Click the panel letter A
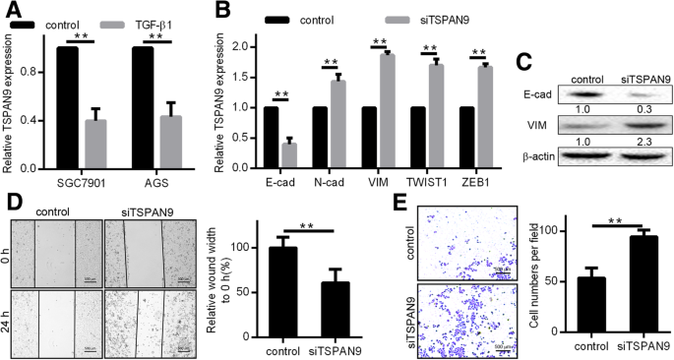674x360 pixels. click(11, 12)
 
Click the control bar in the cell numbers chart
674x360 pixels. click(564, 307)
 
